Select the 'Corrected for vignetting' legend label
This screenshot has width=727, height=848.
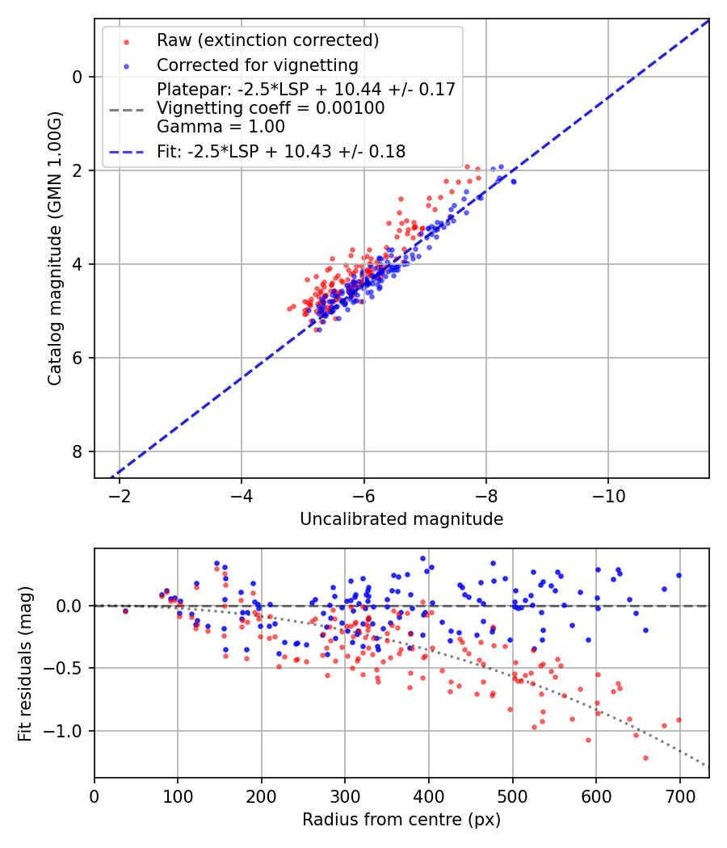tap(257, 65)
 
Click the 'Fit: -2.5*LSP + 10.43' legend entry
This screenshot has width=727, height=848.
tap(281, 151)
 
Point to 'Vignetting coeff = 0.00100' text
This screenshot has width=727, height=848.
tap(271, 108)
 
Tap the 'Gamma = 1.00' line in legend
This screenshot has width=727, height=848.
tap(221, 127)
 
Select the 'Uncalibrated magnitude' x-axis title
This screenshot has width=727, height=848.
tap(401, 519)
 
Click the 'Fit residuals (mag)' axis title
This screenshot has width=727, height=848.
tap(25, 662)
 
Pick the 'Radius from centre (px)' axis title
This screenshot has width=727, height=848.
tap(401, 820)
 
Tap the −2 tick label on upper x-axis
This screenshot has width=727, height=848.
tap(120, 495)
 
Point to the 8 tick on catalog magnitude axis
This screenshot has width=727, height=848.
tap(78, 451)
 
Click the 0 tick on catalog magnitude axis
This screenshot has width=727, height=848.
tap(78, 77)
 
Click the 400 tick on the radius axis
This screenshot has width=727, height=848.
tap(429, 795)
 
